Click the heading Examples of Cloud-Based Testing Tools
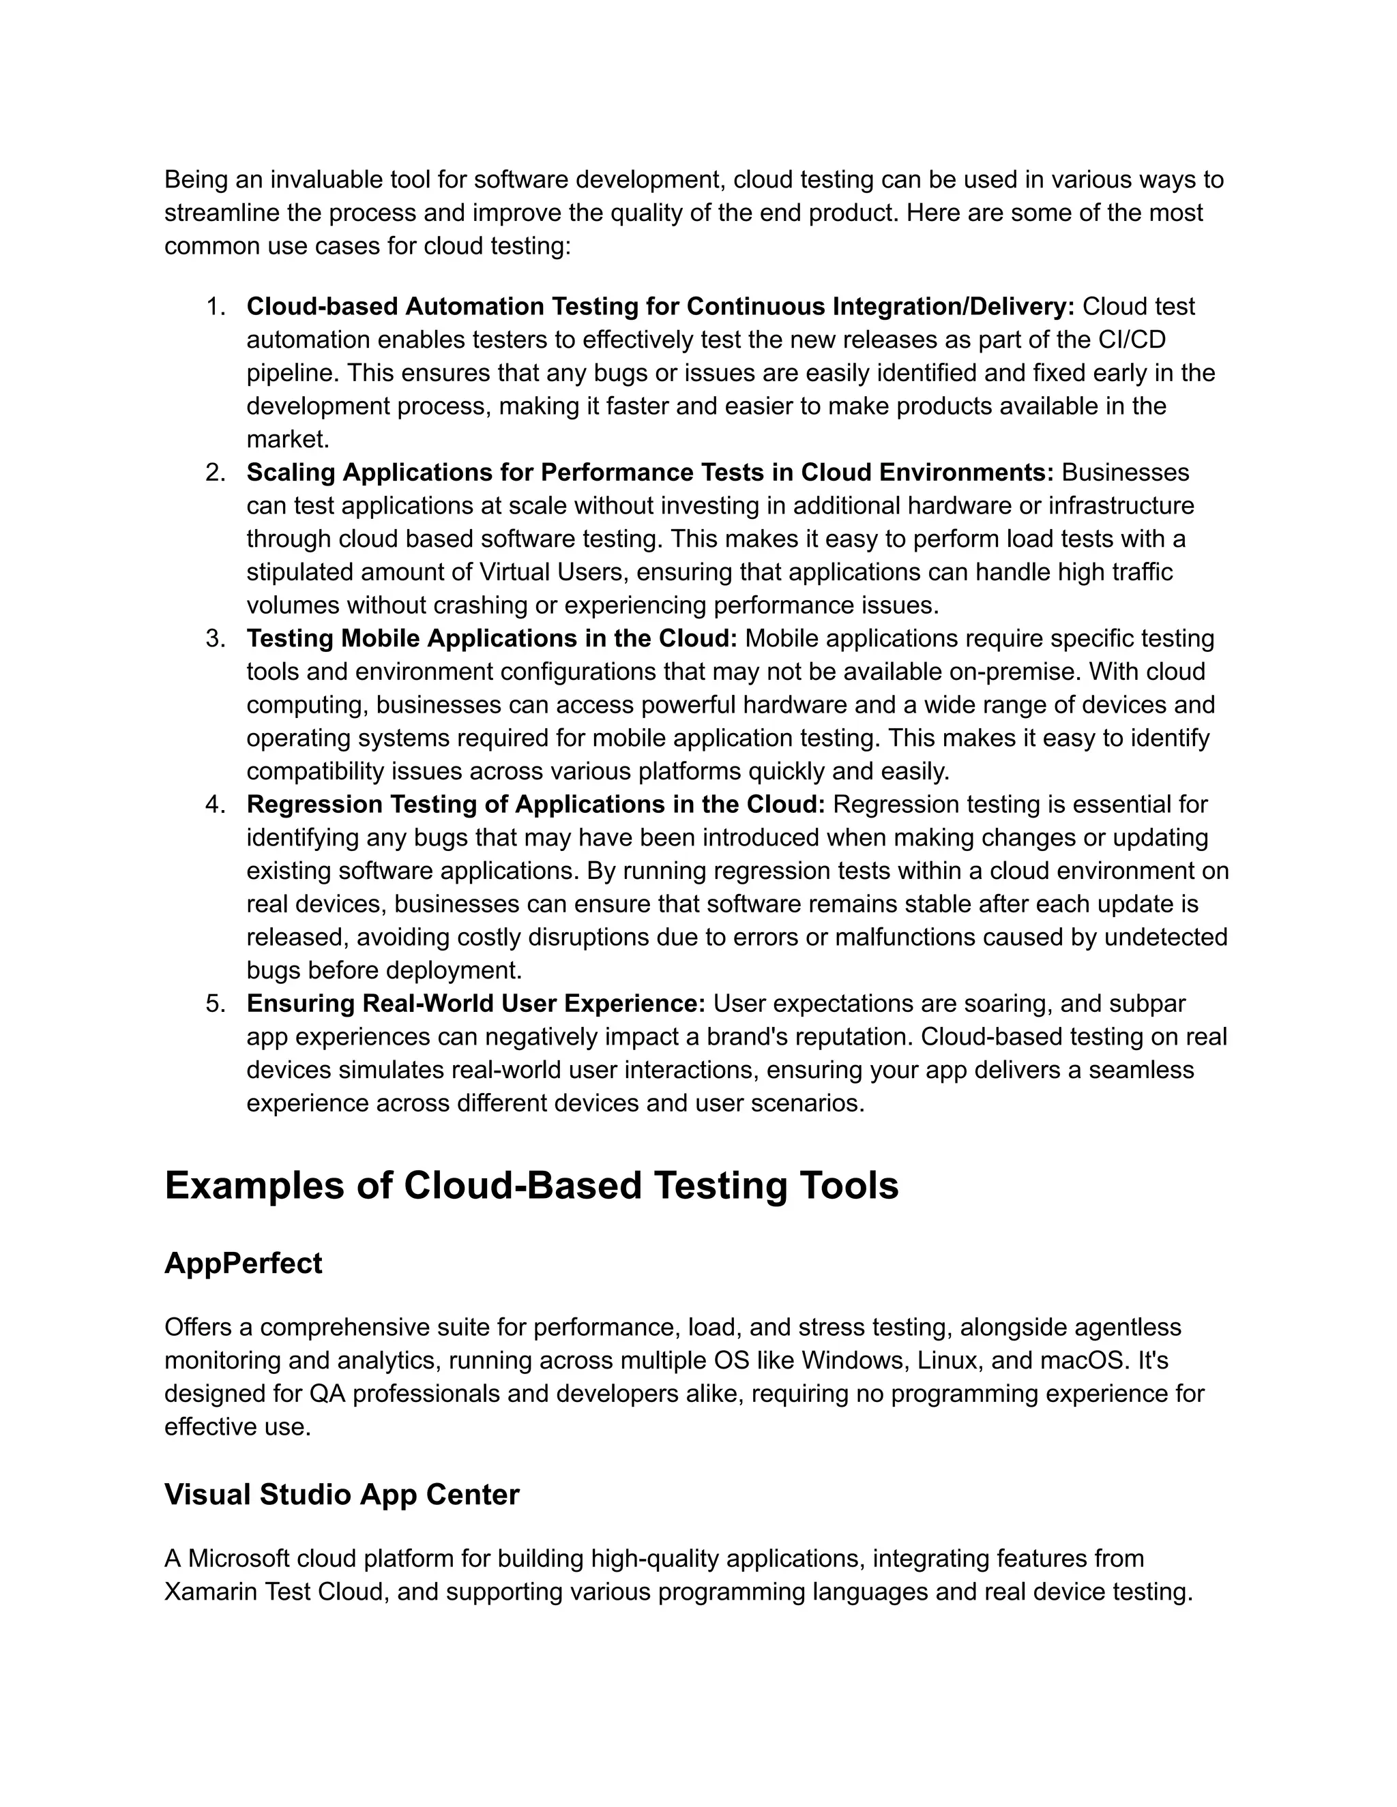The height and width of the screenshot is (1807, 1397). (531, 1186)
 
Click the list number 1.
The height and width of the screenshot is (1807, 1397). (214, 307)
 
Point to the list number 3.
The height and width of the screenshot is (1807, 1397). (214, 639)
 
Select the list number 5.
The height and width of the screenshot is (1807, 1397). (214, 1004)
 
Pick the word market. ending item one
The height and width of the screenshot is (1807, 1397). (287, 439)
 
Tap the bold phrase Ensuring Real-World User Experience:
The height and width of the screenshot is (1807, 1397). (476, 1004)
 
